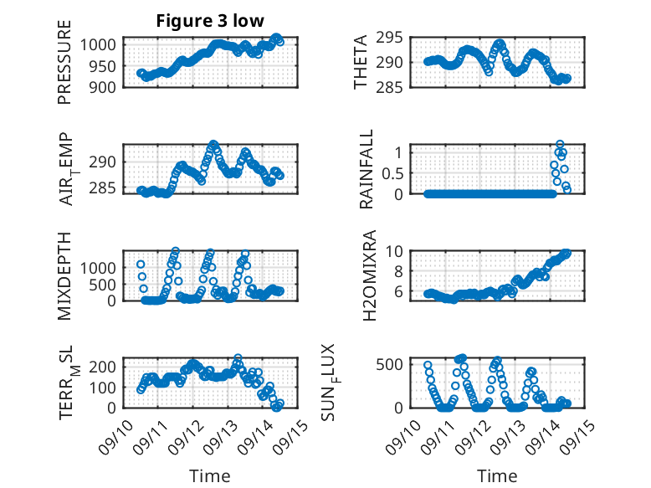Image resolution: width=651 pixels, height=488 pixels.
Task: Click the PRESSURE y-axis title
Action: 64,62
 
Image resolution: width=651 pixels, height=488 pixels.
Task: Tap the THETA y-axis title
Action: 361,62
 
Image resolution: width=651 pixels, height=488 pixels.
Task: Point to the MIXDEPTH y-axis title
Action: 64,275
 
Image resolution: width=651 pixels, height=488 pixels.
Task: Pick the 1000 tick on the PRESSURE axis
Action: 101,45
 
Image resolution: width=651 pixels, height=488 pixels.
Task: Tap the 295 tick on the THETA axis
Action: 397,38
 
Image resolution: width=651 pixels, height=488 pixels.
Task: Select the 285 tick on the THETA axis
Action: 397,86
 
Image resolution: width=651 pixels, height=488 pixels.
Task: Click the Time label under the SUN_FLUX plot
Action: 497,476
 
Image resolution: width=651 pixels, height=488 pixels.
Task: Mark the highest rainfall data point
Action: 560,144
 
